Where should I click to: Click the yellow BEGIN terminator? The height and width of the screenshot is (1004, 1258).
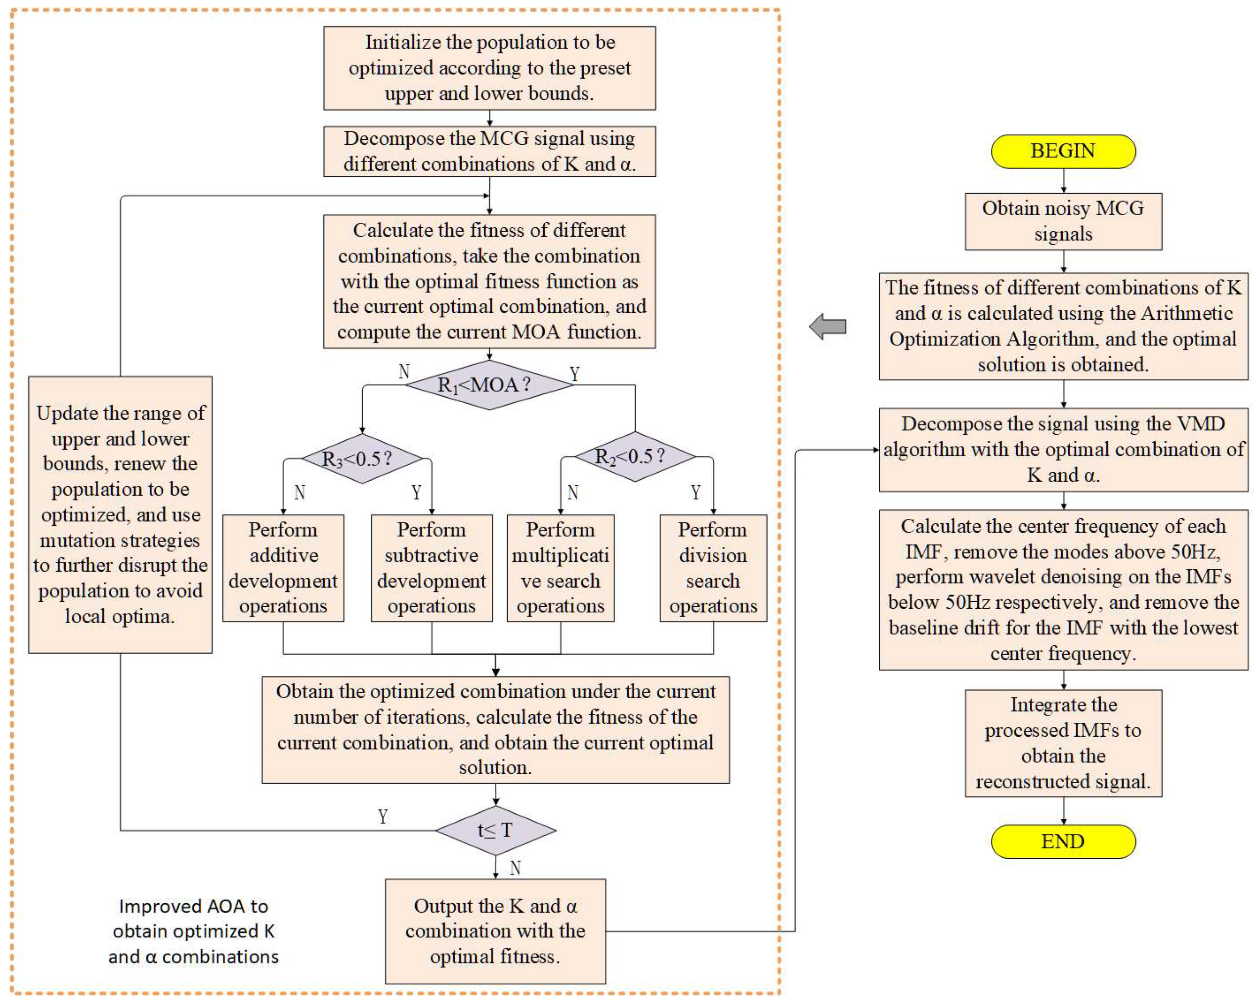[1063, 151]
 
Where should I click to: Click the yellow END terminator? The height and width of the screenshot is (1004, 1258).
[1063, 841]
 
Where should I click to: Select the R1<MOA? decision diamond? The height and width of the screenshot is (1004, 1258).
[489, 384]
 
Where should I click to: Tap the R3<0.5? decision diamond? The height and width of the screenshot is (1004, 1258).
[362, 459]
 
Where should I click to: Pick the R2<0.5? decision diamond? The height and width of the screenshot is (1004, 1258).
[635, 456]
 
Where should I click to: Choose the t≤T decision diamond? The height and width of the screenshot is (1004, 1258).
[495, 830]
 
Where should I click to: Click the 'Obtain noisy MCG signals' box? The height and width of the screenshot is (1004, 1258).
[1063, 221]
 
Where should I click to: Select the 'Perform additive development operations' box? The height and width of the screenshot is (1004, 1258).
[283, 568]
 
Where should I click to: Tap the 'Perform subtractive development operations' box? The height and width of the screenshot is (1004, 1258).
[431, 568]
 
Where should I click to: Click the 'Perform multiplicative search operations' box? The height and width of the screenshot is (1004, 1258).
[560, 568]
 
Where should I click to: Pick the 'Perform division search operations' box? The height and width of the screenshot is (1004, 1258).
[713, 568]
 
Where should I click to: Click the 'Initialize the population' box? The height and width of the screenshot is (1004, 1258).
[489, 68]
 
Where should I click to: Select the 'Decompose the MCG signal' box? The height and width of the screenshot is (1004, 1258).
[489, 151]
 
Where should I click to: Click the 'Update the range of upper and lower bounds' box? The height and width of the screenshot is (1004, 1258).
[120, 514]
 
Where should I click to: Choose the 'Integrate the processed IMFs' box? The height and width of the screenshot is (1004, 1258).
[1063, 743]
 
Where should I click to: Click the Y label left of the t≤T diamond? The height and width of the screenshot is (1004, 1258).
[383, 816]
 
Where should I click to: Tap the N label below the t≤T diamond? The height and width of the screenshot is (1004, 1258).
[515, 868]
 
